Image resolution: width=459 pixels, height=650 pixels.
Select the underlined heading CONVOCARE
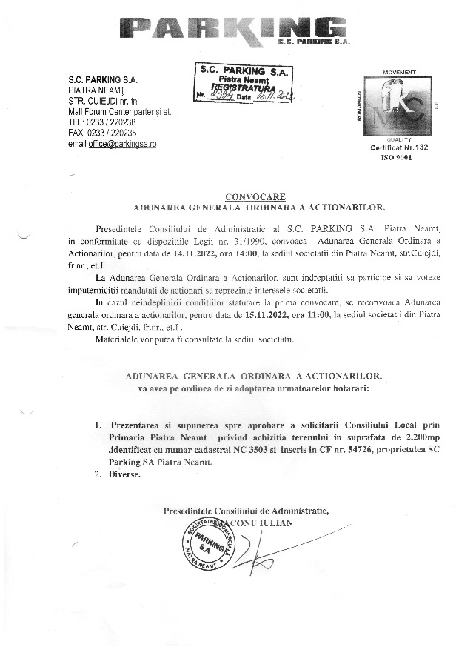point(255,198)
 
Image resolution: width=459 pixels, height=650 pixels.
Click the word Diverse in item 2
point(125,473)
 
